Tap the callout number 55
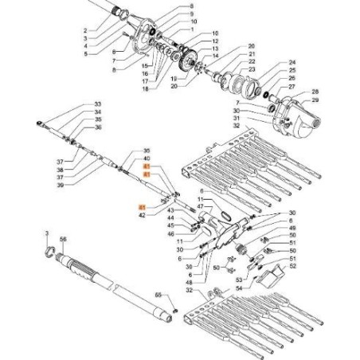pos(158,295)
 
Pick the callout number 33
pos(98,105)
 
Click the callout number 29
pos(315,100)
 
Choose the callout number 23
pos(252,70)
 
